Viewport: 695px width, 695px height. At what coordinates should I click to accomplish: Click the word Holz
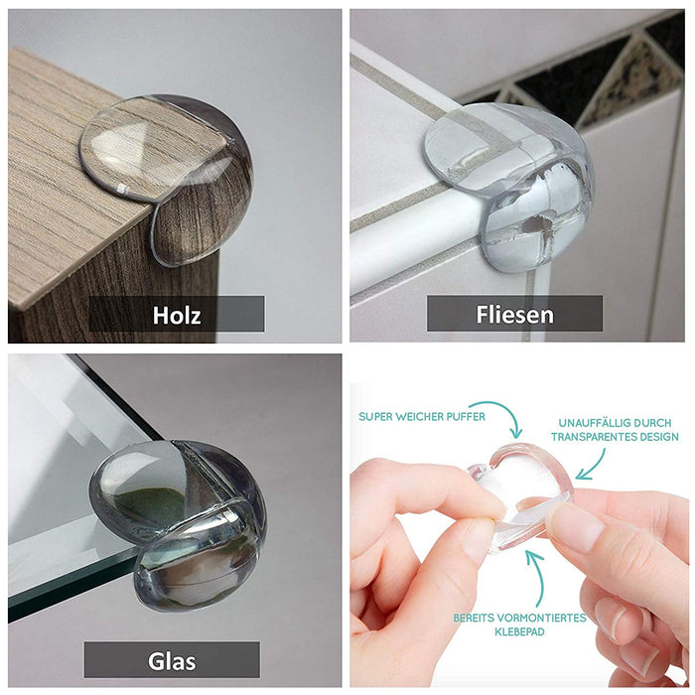point(177,315)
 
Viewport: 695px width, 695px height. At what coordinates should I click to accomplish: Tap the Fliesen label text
point(514,315)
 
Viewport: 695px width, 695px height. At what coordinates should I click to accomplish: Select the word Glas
point(172,661)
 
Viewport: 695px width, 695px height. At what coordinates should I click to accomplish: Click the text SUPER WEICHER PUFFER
point(422,417)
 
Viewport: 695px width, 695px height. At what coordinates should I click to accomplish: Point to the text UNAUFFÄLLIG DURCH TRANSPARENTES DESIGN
point(615,430)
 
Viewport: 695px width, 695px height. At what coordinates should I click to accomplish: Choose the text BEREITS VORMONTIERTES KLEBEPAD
point(519,625)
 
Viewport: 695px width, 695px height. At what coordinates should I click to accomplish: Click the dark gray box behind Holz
point(177,314)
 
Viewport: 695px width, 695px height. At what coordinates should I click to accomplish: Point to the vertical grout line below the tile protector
point(528,306)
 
